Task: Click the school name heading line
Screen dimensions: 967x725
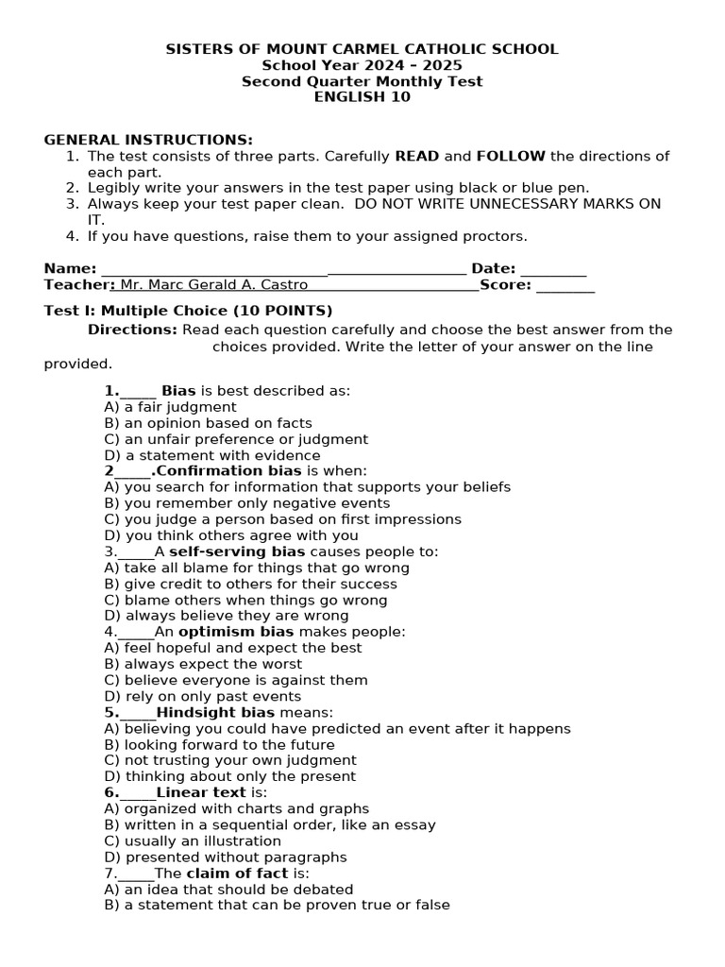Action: pos(362,49)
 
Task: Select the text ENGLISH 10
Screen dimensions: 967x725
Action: pos(362,97)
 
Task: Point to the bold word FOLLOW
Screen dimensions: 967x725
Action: pos(511,157)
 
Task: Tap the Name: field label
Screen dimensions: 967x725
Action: pos(70,269)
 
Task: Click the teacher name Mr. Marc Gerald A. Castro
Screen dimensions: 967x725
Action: pos(214,285)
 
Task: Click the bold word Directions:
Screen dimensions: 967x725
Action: pos(132,330)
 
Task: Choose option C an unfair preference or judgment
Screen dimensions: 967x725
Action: pos(236,439)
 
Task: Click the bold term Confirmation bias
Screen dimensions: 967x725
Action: pos(229,471)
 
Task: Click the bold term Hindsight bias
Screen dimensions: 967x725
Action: pos(215,713)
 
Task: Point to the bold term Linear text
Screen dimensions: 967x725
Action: pos(201,793)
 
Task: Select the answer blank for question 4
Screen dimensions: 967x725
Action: pos(136,633)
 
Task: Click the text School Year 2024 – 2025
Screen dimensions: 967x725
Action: pos(362,65)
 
